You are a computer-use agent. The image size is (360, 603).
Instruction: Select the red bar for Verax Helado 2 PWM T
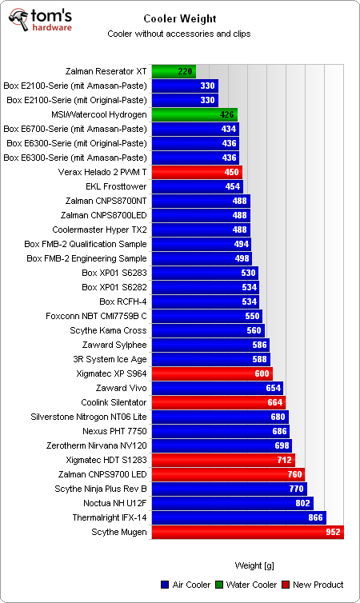coord(197,172)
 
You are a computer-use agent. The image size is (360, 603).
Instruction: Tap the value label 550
coord(252,316)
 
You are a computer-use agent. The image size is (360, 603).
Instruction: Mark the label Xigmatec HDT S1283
coord(106,460)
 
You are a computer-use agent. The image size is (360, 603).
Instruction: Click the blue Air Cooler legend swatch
coord(165,585)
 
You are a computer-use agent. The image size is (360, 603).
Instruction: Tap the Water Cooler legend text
coord(251,585)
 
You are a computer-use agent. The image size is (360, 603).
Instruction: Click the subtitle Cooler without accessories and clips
coord(178,34)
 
